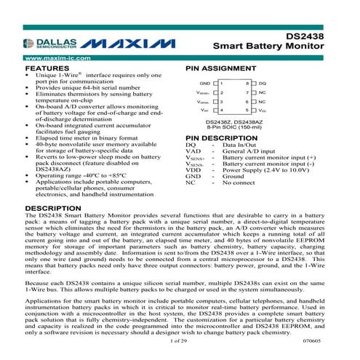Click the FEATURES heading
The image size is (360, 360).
[x=48, y=66]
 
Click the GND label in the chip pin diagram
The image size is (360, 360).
[x=204, y=84]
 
